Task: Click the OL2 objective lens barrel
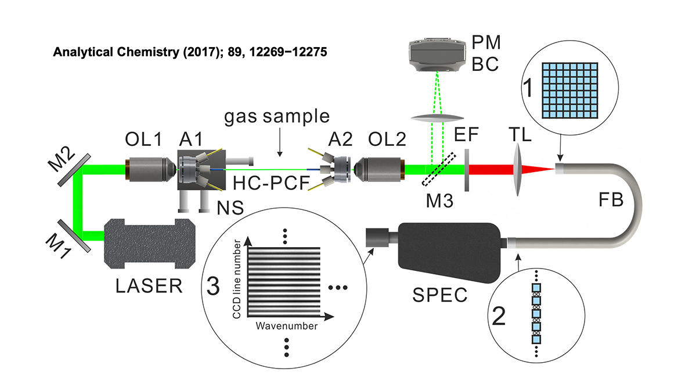380,170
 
